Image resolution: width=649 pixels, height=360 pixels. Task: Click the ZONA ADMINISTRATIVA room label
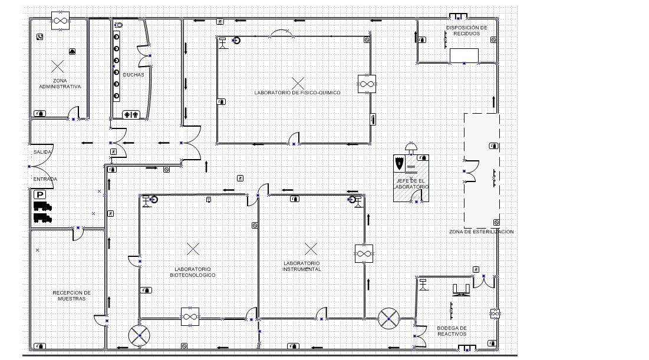pos(60,84)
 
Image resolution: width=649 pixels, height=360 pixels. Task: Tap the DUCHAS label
pos(134,75)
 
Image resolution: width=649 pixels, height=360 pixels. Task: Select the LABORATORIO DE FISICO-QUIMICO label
pos(297,93)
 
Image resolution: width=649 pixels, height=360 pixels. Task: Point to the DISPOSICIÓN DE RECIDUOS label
pos(466,31)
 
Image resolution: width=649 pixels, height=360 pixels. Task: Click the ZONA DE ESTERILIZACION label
pos(482,232)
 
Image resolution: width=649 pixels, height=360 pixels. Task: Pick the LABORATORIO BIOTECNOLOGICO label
pos(193,272)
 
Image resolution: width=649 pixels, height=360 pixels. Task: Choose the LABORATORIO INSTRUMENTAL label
pos(302,266)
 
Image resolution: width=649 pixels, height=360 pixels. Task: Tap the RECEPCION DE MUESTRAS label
pos(71,295)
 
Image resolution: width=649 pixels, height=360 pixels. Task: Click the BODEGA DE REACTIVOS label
pos(452,331)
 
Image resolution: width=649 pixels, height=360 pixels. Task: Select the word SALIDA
pos(42,152)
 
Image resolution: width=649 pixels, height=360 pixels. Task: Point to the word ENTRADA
pos(45,179)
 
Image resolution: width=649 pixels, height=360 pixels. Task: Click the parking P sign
pos(39,194)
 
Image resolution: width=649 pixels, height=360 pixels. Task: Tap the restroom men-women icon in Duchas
pos(131,115)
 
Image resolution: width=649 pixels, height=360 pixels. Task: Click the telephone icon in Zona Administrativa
pos(39,37)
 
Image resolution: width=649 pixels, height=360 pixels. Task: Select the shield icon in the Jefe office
pos(399,163)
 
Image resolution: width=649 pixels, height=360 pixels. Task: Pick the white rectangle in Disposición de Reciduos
pos(464,55)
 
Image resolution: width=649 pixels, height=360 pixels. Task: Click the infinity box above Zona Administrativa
pos(60,21)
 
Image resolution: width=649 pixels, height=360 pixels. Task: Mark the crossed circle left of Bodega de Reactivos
pos(388,319)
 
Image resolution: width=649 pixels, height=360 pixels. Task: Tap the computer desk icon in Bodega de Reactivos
pos(461,290)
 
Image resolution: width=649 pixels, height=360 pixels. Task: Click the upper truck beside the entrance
pos(42,206)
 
